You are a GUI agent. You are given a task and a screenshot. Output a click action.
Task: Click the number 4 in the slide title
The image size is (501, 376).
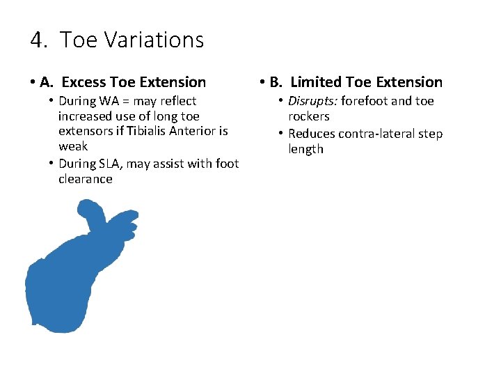(36, 40)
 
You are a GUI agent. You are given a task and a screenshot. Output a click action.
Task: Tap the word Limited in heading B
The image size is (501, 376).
(317, 83)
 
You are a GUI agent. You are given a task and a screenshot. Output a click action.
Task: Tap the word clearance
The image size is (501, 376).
(85, 179)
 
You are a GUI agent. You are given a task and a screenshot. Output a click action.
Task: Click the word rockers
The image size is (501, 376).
(309, 116)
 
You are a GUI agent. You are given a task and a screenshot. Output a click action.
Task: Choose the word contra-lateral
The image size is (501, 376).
(379, 134)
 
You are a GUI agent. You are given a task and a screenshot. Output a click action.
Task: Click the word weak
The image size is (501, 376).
(73, 146)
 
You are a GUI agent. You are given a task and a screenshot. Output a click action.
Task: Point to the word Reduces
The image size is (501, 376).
(311, 134)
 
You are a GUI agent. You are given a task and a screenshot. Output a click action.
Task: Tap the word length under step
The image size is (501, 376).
(305, 149)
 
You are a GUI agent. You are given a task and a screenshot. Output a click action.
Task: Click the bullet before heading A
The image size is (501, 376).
(33, 83)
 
